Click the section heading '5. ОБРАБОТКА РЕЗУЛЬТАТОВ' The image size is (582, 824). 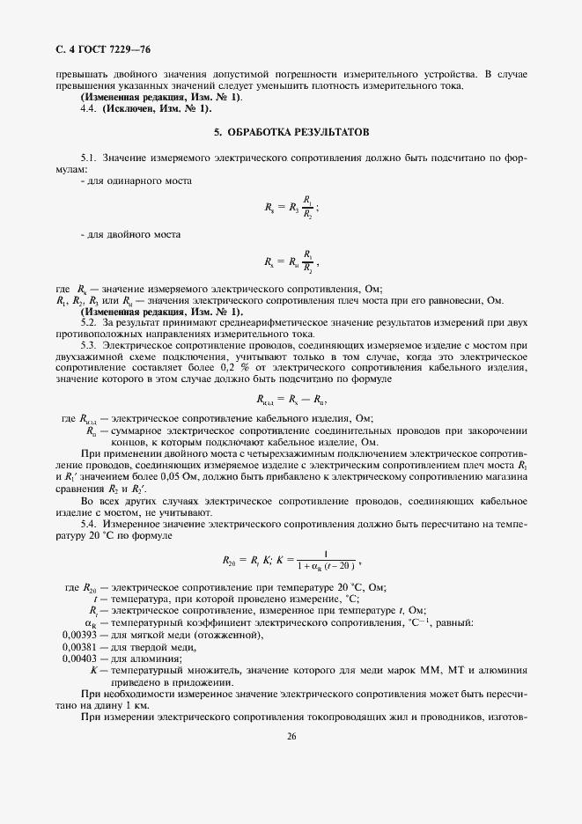(x=291, y=131)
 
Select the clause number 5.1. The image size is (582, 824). (x=89, y=158)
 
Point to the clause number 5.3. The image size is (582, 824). (x=89, y=345)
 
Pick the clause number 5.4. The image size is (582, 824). (x=89, y=523)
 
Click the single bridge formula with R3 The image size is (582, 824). (x=291, y=207)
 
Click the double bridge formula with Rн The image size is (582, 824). (x=290, y=261)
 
